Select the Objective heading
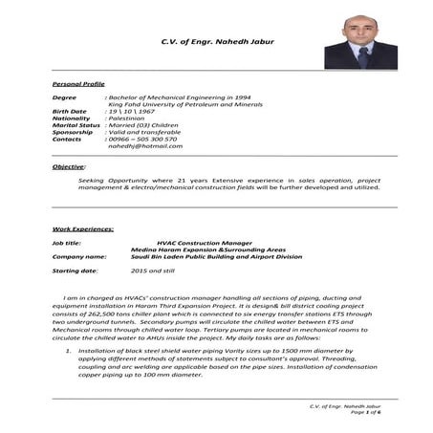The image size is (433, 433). pos(69,167)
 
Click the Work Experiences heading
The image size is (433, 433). pos(83,229)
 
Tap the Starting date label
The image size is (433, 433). pos(75,271)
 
